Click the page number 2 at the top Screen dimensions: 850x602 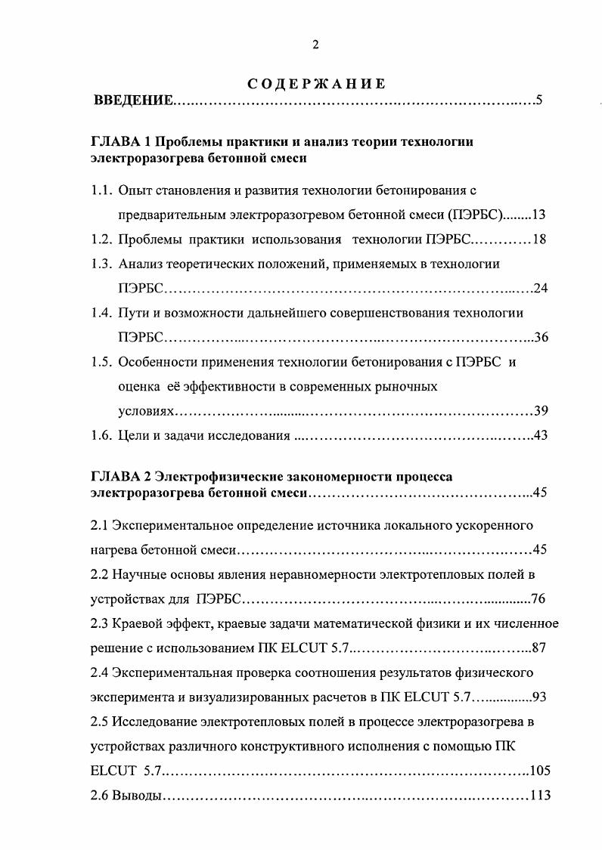coord(315,45)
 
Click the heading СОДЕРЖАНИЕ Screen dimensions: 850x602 coord(316,84)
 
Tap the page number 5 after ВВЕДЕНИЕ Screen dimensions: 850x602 coord(539,100)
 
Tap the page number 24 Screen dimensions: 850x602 coord(540,288)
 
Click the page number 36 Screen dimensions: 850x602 coord(540,337)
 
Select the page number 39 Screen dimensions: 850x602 coord(540,411)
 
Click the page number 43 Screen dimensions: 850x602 coord(540,435)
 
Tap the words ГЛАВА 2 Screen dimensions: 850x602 coord(118,477)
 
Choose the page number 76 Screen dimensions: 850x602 coord(538,599)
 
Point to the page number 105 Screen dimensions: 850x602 coord(540,771)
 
